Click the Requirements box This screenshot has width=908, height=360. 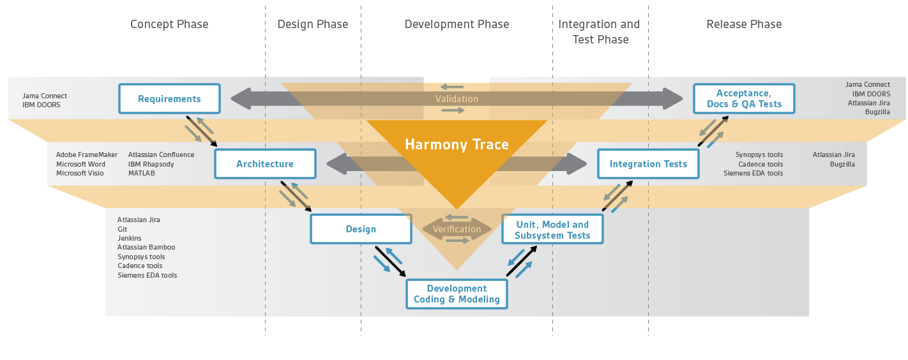(169, 98)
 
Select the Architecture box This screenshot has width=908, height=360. (265, 164)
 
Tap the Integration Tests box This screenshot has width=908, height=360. (648, 164)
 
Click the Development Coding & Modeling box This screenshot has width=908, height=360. (457, 294)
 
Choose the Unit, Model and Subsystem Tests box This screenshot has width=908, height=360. (552, 229)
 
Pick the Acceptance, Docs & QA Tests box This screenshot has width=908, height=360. (745, 98)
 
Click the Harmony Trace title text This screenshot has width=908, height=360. (457, 144)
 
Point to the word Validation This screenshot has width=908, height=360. (457, 99)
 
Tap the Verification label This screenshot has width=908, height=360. (457, 229)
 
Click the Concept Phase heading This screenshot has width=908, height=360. (169, 24)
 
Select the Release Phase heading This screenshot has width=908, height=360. (744, 24)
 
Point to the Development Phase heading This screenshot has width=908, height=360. (457, 24)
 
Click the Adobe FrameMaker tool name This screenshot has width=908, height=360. (87, 154)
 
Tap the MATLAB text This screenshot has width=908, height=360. (142, 173)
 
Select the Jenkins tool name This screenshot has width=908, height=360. (130, 238)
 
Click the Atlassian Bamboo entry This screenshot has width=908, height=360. (146, 247)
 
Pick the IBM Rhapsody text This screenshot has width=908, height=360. (151, 164)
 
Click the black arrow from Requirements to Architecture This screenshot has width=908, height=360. (202, 131)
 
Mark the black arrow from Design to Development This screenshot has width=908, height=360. (390, 262)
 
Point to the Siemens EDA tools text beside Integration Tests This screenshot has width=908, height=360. (753, 173)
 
